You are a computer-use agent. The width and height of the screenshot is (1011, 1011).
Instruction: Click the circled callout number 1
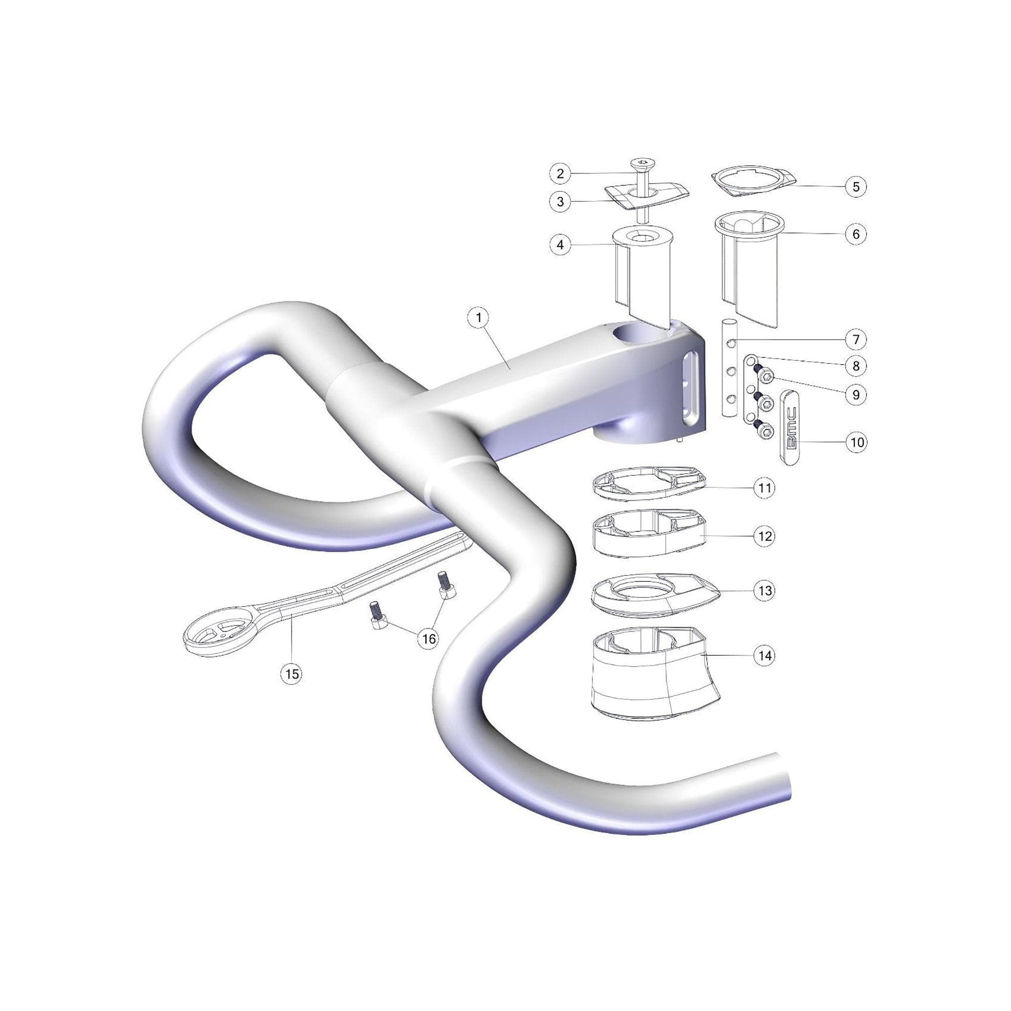[478, 317]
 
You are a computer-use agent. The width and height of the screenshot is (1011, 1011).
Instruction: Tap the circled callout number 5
[856, 187]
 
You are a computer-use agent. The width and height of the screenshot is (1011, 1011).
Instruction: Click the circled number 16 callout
[429, 639]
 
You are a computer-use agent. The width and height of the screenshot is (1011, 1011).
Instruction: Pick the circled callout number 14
[765, 655]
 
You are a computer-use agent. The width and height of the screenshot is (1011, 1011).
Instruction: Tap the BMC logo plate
[790, 427]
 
